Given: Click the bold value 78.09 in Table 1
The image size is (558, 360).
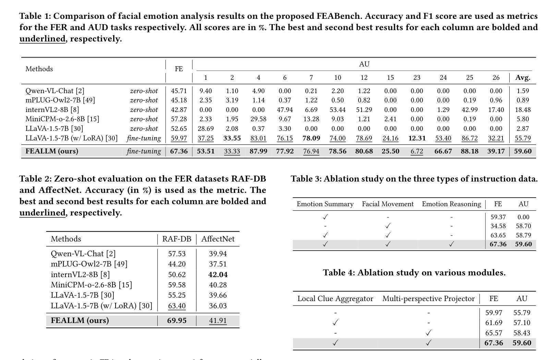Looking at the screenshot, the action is (311, 138).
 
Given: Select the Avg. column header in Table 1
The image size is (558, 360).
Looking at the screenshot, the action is (523, 78).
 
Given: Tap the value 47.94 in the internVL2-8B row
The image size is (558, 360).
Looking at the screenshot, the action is (285, 110).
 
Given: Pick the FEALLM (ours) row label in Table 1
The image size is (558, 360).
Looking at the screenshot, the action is (52, 151).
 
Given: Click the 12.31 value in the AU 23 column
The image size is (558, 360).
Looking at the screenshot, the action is (417, 138).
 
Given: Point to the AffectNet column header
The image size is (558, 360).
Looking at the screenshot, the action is (218, 239).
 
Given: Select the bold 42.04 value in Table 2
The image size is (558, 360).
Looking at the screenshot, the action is (218, 274).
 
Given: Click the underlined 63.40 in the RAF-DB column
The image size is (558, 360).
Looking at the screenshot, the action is (177, 306).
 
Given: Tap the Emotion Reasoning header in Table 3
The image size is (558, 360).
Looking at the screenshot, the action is (451, 204).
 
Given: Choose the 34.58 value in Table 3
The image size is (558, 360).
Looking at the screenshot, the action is (498, 226).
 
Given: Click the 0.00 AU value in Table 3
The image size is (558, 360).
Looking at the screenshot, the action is (523, 217).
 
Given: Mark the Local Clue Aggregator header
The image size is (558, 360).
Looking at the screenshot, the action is (335, 298).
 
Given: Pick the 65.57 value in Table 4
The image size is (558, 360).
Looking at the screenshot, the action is (494, 333).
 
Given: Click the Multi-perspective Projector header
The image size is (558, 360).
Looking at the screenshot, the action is (428, 298).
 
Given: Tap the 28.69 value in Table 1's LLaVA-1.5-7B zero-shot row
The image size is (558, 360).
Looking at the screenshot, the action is (206, 128).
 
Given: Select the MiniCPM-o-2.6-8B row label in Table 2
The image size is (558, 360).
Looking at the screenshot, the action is (92, 285).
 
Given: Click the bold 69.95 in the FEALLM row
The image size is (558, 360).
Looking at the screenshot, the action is (177, 320).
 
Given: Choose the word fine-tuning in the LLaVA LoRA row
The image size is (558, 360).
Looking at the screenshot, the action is (144, 138).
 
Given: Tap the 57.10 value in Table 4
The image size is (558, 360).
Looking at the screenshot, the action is (522, 323).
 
